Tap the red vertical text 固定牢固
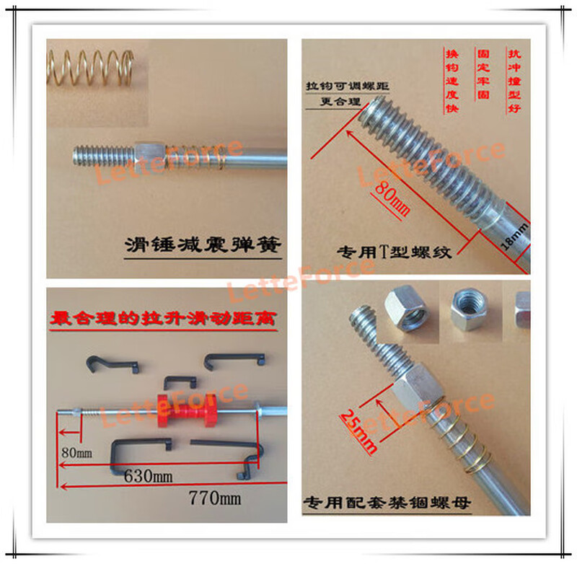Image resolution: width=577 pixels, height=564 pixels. pos(481,72)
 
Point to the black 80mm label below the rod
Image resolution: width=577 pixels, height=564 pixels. pos(79,454)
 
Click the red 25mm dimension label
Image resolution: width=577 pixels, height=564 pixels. pos(359,428)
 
